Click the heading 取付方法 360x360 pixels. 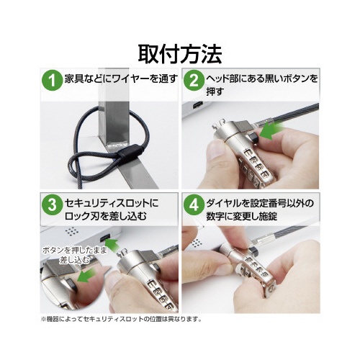coord(180,54)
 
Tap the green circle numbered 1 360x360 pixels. coord(52,80)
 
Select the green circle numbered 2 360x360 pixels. coord(194,80)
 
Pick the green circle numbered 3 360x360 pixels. coord(52,204)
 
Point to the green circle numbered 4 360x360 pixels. coord(194,204)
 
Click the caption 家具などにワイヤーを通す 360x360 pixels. coord(121,78)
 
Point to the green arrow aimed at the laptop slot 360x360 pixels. coord(112,245)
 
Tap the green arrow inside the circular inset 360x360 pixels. coord(86,276)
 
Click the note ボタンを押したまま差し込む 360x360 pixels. coord(74,256)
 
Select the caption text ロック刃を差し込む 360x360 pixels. coord(106,216)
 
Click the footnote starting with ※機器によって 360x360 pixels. coord(122,319)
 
